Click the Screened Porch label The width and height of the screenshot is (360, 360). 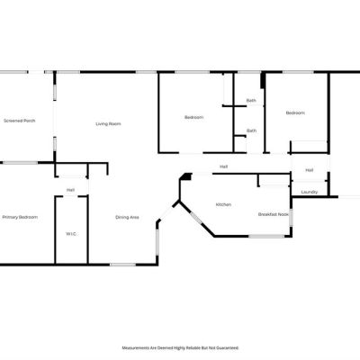point(20,121)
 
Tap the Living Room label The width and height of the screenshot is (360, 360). point(108,124)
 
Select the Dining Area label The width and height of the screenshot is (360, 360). point(127,217)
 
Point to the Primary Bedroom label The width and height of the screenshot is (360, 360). point(20,217)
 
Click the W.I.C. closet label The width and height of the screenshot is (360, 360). point(71,234)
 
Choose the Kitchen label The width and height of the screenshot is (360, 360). point(223,204)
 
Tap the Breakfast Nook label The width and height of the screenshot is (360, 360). point(274,214)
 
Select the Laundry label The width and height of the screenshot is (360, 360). point(310,192)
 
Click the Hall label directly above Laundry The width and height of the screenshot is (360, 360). point(310,170)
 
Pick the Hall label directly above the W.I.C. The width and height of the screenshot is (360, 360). point(70,190)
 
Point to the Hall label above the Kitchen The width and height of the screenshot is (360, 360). point(223,166)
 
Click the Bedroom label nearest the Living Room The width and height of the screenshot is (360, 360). point(193,117)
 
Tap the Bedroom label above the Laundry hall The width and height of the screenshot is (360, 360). point(295,113)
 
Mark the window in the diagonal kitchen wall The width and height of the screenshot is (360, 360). point(196,218)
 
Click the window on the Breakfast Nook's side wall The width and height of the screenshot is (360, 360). point(291,218)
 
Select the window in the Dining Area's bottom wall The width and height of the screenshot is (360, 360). point(122,265)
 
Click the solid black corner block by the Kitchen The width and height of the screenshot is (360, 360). point(187,176)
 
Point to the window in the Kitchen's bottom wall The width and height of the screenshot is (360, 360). point(266,237)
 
